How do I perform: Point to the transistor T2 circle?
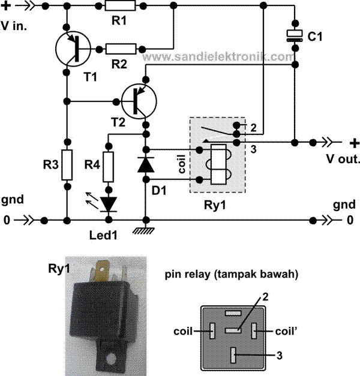coord(139,100)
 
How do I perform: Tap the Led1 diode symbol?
coord(109,204)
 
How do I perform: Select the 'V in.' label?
coord(15,26)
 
